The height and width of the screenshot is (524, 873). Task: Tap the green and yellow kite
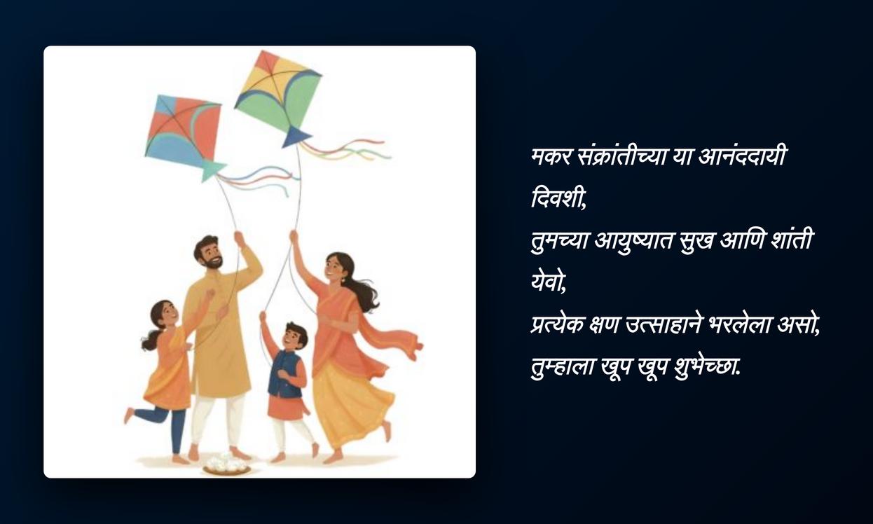pos(278,95)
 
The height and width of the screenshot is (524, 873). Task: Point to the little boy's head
pos(295,335)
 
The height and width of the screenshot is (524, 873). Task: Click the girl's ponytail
pos(151,340)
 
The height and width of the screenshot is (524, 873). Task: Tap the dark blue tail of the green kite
pos(296,137)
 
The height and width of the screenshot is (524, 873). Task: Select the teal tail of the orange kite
pos(212,170)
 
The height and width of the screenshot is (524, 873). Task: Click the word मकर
pos(551,158)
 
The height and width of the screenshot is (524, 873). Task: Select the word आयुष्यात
pos(634,242)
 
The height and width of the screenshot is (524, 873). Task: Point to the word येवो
pos(549,282)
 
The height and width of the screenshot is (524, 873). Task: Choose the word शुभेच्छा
pos(707,366)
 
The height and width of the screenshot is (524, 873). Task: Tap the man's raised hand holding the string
pos(239,238)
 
